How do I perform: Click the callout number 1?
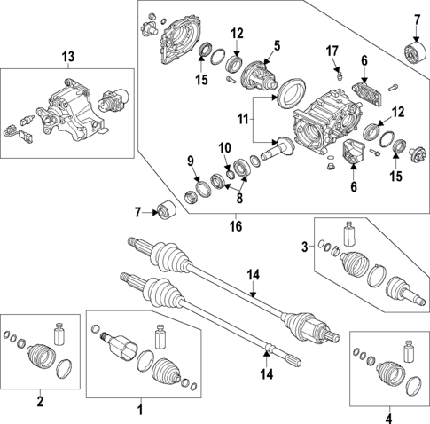tap(139, 410)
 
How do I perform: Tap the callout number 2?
tap(39, 401)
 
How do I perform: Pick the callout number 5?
tap(276, 44)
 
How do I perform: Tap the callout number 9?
tap(190, 160)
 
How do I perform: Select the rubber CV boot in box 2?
tap(34, 353)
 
